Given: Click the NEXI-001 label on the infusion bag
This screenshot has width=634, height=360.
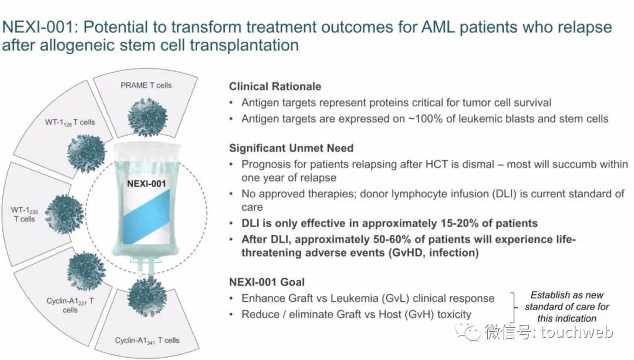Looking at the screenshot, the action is coord(146,184).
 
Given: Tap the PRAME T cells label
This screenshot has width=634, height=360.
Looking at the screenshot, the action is coord(146,85).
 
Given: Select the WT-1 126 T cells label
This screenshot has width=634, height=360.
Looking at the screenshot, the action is coord(70,122).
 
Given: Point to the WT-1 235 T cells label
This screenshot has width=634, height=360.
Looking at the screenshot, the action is coord(24,214).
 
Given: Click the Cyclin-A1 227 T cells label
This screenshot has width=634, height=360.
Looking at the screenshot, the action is coord(70,305).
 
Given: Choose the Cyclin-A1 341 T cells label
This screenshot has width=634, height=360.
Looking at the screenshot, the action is coord(147,341).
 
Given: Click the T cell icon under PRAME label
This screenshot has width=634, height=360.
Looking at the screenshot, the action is coord(147,117).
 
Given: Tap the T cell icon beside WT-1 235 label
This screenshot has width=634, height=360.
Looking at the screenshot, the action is coord(65,214).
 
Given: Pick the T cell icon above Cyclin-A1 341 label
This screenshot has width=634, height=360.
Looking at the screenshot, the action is coord(147,297).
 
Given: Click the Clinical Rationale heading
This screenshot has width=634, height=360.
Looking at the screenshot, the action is coord(275,86).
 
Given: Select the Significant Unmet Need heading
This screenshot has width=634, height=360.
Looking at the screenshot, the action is coord(291,148).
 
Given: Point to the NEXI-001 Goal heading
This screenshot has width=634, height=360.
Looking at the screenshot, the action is coord(267,282).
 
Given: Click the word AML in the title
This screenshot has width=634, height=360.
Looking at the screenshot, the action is coord(438,27).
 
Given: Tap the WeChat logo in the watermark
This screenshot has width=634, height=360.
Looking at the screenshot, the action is coord(468,332).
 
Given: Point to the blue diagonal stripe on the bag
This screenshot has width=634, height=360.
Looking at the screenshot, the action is coord(146,217).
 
